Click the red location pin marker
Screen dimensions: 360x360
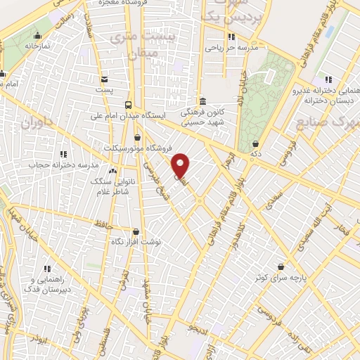pos(181,165)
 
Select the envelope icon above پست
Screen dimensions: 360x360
pos(104,79)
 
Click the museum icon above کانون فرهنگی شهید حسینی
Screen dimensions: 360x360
pos(202,101)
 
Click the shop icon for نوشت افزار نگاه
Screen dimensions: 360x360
pos(136,231)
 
